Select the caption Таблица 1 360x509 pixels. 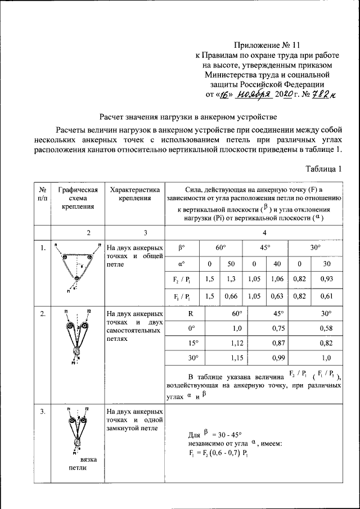point(323,168)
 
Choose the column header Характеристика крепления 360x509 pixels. point(134,193)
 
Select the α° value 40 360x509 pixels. point(276,263)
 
